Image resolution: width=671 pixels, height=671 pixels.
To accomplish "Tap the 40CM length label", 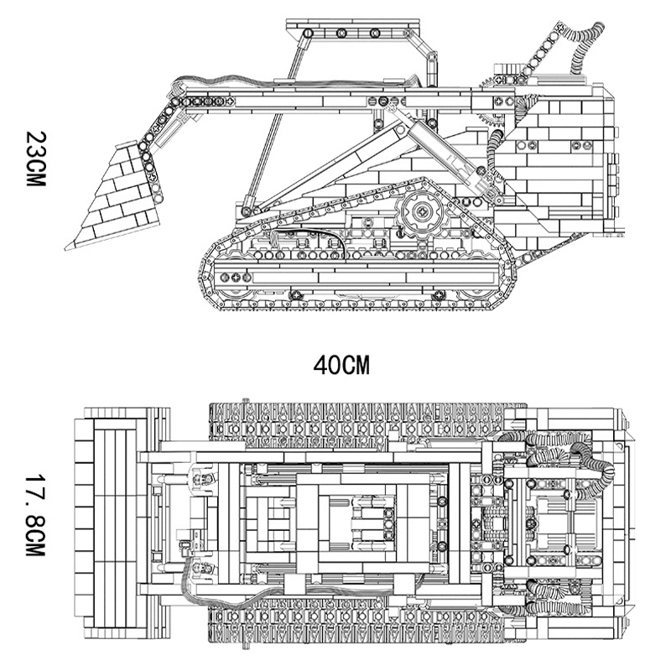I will tap(341, 366).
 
